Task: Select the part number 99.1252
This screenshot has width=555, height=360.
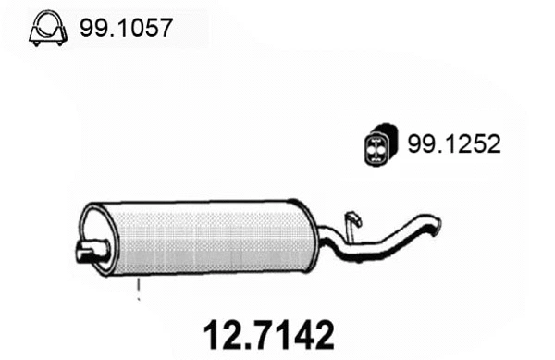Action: point(452,143)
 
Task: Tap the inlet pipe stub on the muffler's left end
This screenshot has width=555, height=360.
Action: point(89,249)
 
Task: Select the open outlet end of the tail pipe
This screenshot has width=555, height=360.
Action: point(436,223)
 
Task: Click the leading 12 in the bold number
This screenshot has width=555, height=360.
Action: point(218,334)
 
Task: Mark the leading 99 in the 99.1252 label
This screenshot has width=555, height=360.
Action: point(418,143)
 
